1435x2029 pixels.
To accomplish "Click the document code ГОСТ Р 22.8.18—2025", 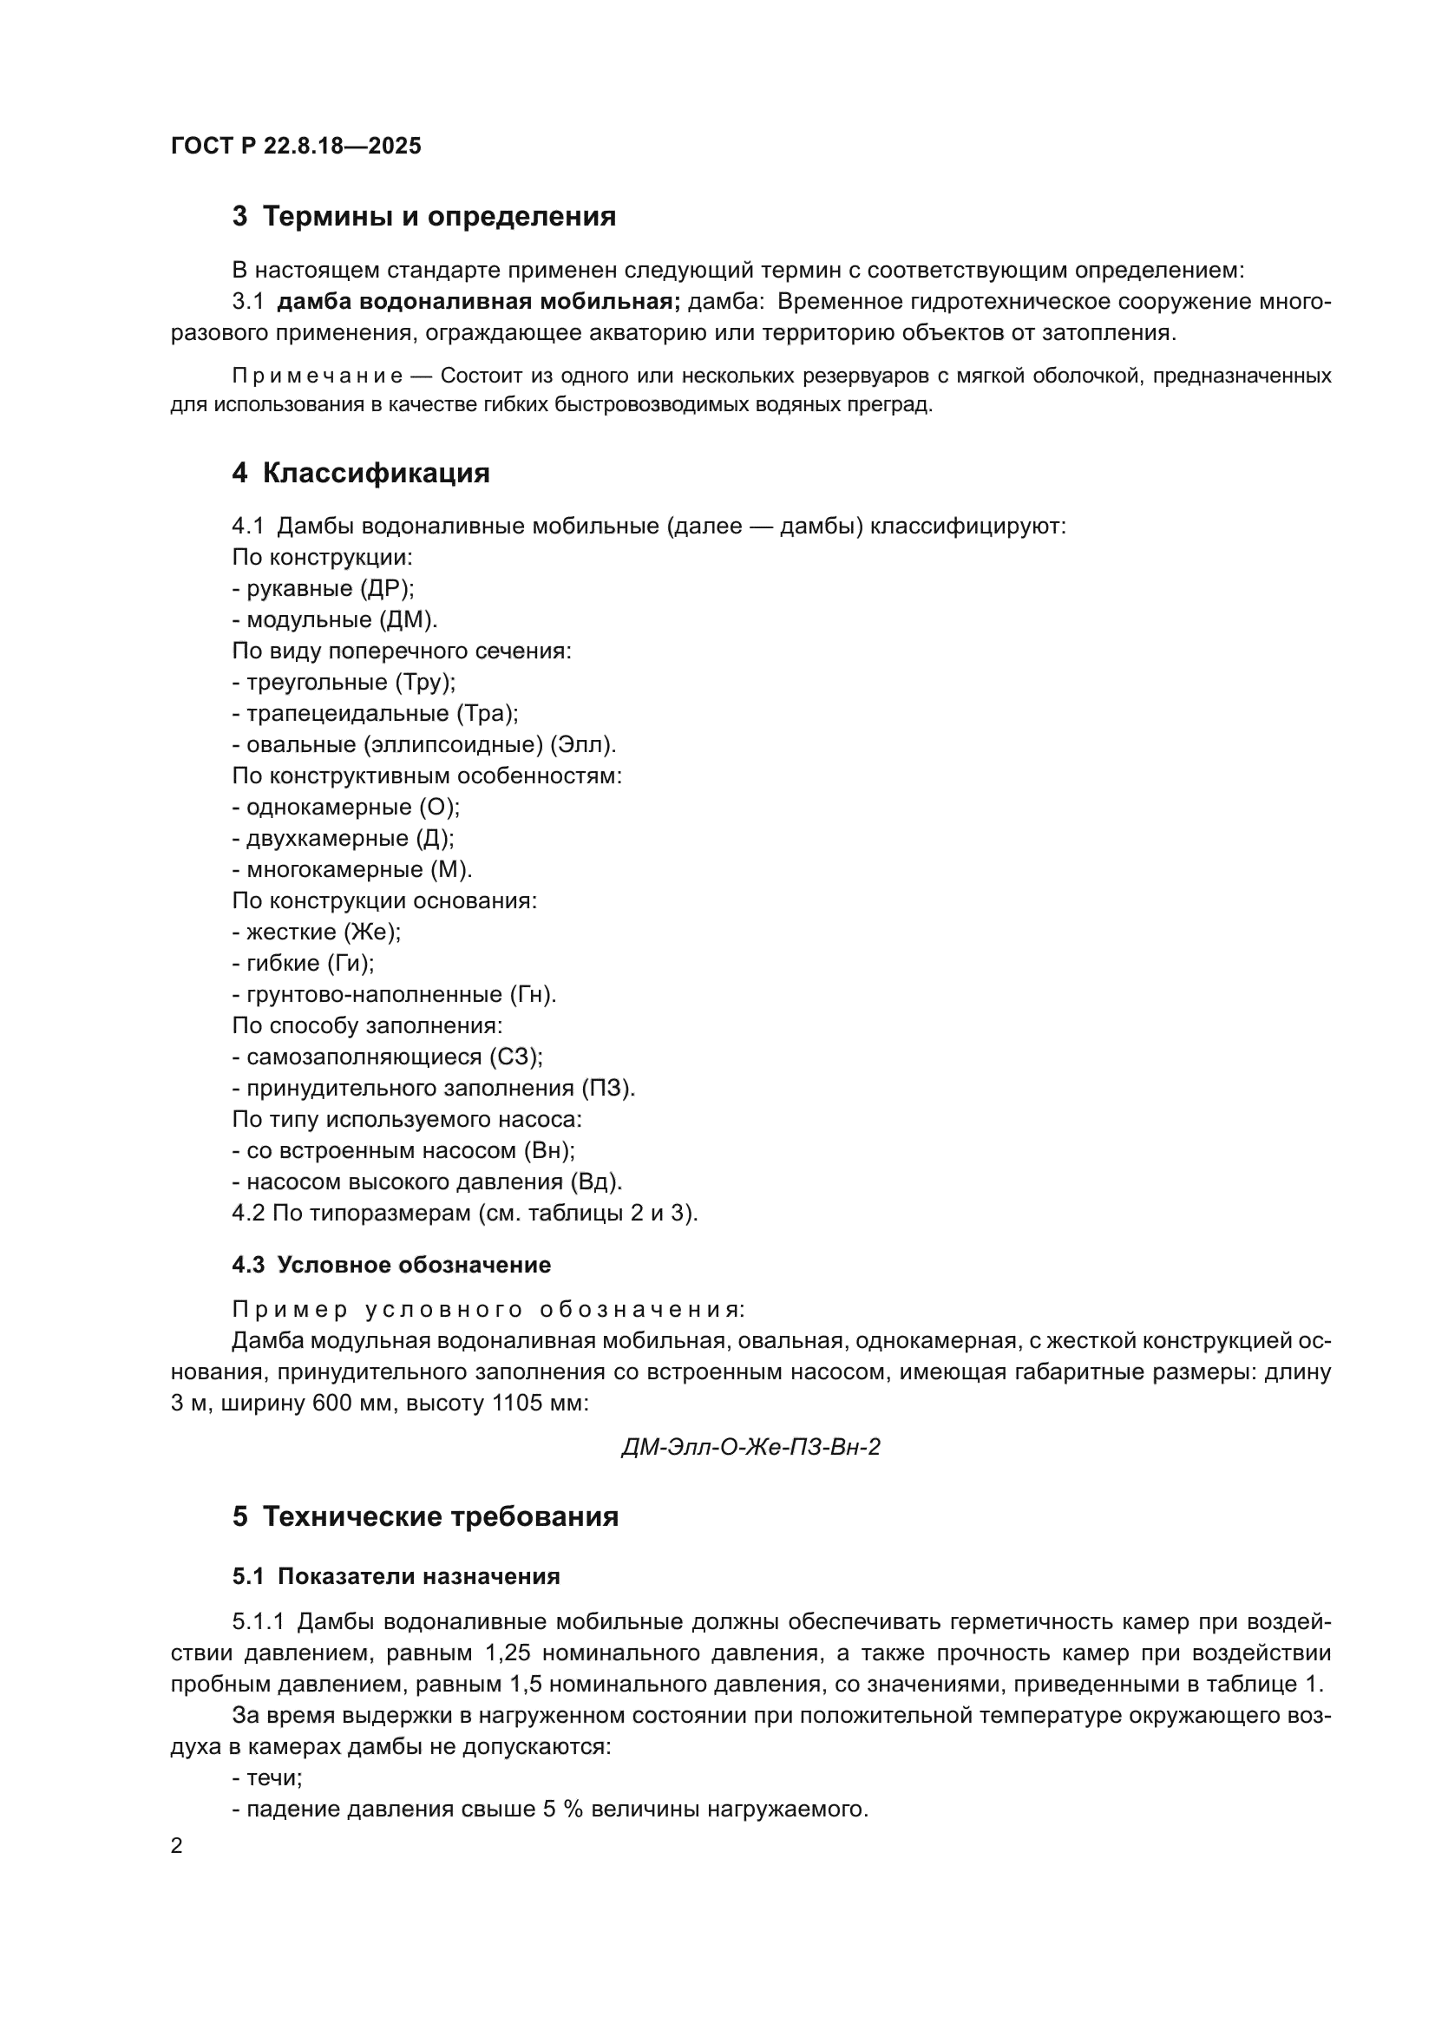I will pos(295,146).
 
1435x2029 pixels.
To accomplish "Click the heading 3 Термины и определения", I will pos(423,217).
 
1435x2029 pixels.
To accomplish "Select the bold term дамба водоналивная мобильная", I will pos(478,302).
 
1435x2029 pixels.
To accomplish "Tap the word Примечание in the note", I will pos(318,376).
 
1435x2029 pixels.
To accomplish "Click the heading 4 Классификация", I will pos(361,474).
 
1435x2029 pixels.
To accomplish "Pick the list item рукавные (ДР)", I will pos(324,588).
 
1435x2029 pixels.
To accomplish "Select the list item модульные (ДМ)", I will pos(335,620).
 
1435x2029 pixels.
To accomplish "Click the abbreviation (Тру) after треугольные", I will pos(425,682).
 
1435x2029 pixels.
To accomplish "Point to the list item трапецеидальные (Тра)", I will pos(376,713).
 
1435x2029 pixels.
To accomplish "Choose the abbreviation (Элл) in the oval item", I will pos(581,745).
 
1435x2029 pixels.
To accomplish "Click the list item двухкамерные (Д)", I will pos(344,839).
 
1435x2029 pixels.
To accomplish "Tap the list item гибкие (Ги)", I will pos(304,963).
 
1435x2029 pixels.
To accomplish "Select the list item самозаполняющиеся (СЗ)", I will pos(388,1057).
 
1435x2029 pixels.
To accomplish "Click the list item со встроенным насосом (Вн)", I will pos(403,1150).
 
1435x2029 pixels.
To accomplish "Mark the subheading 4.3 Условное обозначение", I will pos(390,1266).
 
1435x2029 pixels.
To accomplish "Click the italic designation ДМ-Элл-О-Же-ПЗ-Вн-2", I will pos(751,1448).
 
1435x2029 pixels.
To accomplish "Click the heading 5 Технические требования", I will pos(425,1517).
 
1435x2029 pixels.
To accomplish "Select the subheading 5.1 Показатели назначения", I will pos(396,1577).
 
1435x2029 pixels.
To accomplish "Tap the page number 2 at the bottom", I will pos(177,1847).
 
